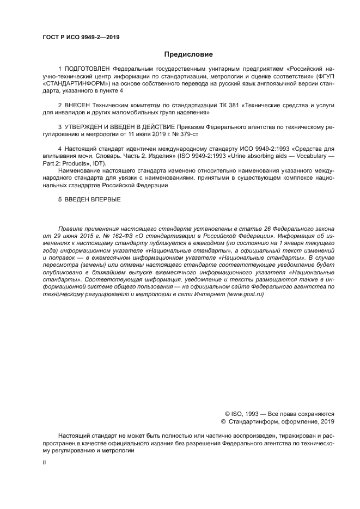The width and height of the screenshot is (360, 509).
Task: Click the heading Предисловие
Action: [188, 54]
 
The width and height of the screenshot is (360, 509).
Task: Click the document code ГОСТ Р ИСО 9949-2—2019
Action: [81, 37]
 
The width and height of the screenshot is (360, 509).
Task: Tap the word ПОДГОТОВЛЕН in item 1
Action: [87, 70]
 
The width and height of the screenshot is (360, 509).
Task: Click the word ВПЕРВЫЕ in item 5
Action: [104, 199]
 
